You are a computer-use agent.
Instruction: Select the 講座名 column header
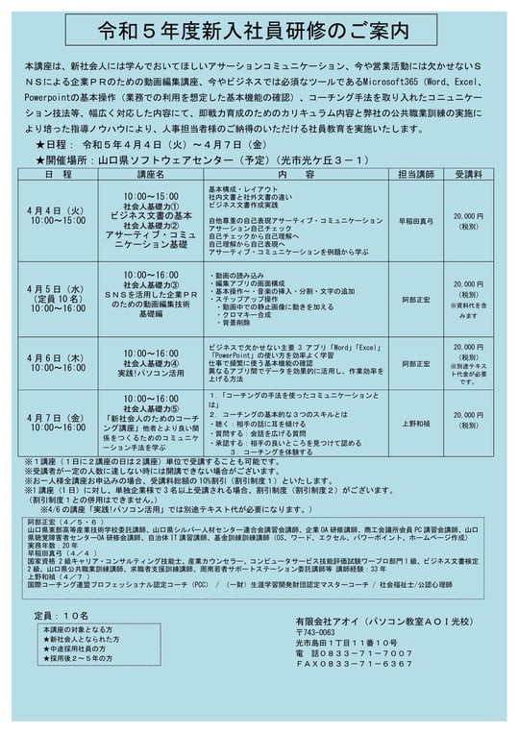(x=150, y=176)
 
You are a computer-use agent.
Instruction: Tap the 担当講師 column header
(x=415, y=176)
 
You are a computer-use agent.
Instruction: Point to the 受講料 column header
(x=468, y=176)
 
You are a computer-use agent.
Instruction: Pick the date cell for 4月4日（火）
(x=58, y=215)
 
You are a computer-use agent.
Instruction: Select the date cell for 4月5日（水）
(x=58, y=297)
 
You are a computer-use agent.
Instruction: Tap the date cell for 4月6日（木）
(x=58, y=362)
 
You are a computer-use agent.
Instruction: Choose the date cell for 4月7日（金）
(x=58, y=424)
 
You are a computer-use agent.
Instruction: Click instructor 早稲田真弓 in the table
(x=415, y=219)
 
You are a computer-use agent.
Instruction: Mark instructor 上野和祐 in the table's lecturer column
(x=415, y=423)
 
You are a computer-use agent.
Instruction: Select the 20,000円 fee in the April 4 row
(x=468, y=217)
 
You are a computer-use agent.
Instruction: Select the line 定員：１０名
(x=62, y=615)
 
